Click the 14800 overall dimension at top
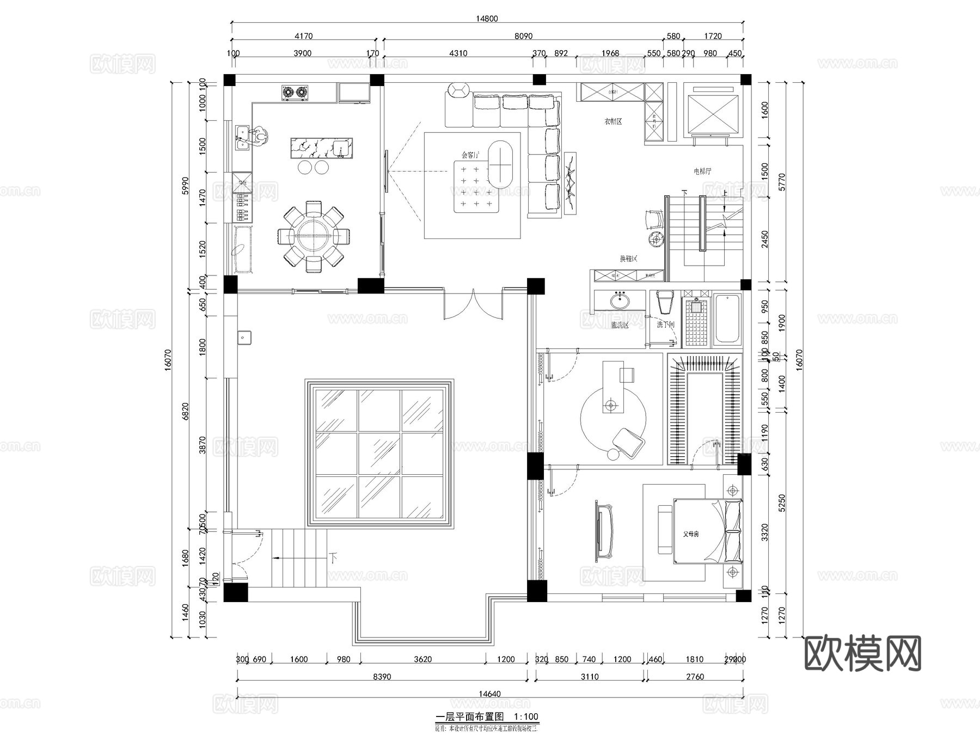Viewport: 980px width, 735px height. [x=487, y=19]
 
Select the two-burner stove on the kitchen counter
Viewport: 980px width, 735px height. [x=295, y=93]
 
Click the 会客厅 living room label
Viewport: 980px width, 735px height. [x=470, y=155]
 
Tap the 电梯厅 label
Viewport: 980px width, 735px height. [x=702, y=171]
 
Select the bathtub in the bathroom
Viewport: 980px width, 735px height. [x=727, y=320]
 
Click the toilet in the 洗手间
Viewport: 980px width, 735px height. [x=665, y=302]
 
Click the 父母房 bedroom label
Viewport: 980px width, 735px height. [x=691, y=534]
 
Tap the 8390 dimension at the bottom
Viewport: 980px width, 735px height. [x=382, y=677]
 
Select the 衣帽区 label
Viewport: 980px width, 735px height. [x=613, y=121]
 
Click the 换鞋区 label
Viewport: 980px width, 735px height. [x=628, y=259]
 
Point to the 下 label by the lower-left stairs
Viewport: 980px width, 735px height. [x=333, y=558]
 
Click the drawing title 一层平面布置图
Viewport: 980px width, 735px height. [x=470, y=716]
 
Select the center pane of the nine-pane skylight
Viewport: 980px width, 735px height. [x=379, y=454]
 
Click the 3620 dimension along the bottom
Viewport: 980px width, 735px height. [x=422, y=659]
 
